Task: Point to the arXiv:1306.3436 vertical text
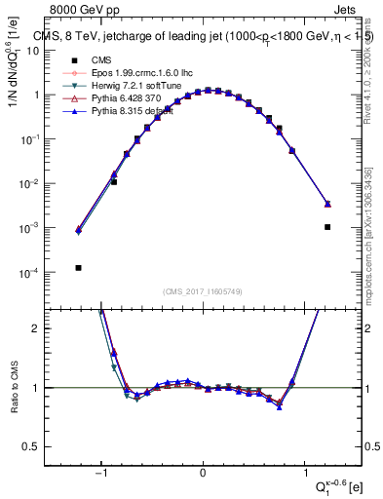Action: tap(367, 206)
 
